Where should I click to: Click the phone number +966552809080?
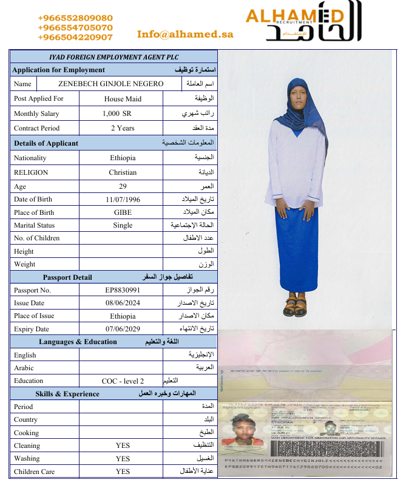(75, 18)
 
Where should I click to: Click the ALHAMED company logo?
(303, 22)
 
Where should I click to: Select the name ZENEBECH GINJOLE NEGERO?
(110, 84)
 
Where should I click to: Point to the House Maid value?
(122, 98)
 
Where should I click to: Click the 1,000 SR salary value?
(122, 113)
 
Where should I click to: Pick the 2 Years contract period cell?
(122, 128)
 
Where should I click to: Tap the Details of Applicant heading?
(46, 143)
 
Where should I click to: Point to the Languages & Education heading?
(78, 342)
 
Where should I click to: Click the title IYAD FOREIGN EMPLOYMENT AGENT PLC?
(113, 56)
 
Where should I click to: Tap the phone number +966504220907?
(75, 37)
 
